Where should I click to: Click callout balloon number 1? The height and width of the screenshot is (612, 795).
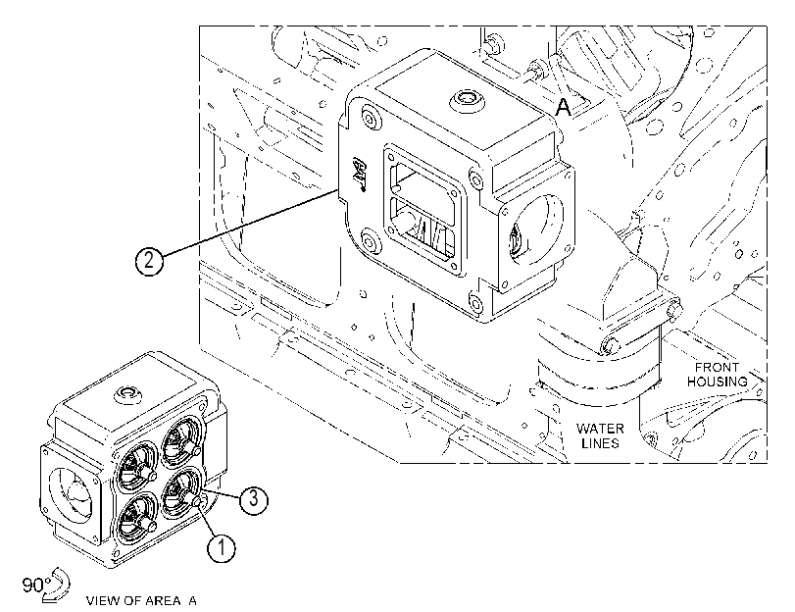click(x=222, y=548)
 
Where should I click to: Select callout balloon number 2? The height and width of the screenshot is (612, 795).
click(x=149, y=261)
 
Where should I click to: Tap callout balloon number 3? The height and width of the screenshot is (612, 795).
click(x=254, y=500)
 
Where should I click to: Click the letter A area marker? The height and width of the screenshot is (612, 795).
click(x=564, y=107)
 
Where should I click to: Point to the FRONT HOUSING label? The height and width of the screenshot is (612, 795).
click(x=717, y=375)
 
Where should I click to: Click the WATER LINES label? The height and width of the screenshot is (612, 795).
click(x=600, y=435)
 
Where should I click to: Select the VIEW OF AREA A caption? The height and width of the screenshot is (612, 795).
click(x=141, y=601)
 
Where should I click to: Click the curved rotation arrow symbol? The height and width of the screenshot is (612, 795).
click(x=56, y=586)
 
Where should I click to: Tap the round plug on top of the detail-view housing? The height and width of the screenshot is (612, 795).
click(x=127, y=393)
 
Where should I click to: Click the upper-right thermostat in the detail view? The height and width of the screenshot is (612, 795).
click(x=180, y=439)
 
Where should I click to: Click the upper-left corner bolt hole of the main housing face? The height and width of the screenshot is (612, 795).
click(x=370, y=120)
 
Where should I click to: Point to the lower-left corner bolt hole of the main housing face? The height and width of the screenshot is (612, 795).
click(x=371, y=239)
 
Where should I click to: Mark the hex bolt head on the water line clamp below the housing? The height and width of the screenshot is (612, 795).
click(x=610, y=345)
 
